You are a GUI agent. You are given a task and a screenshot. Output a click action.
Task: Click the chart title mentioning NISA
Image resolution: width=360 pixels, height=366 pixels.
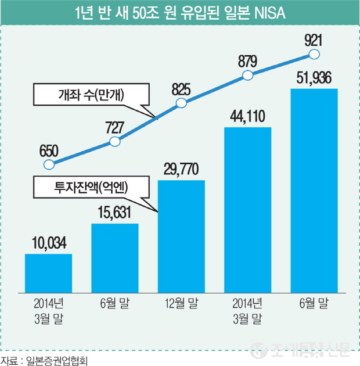pos(179,12)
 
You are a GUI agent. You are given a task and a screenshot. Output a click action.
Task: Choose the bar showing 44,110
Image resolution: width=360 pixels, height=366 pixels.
pos(248,208)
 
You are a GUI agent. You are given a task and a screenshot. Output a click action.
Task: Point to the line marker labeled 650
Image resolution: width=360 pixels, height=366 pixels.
pos(48,164)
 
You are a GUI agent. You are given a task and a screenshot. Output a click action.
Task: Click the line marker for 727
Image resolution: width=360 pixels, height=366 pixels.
pos(115,142)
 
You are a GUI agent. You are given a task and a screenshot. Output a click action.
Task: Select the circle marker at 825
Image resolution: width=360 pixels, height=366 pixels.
pos(181,103)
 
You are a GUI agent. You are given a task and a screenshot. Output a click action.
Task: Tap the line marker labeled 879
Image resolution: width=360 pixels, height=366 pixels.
pos(248,75)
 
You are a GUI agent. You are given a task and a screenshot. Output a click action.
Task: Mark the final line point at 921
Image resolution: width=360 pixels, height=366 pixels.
pos(314,54)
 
